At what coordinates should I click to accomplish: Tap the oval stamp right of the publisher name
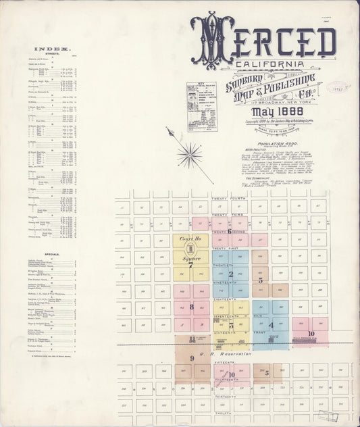[338, 88]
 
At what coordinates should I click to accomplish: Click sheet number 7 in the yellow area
[190, 266]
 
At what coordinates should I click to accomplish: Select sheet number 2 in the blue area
[230, 274]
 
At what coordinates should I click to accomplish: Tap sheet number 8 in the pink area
[191, 307]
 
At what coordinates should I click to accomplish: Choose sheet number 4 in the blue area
[271, 325]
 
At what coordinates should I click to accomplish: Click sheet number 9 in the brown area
[191, 358]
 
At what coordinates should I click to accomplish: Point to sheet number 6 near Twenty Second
[230, 231]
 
